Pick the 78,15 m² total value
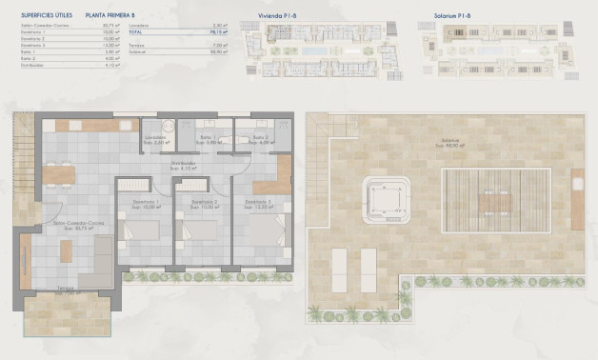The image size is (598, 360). pyautogui.click(x=217, y=32)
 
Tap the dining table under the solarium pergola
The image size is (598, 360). pyautogui.click(x=494, y=203)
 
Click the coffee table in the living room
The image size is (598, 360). pyautogui.click(x=66, y=251)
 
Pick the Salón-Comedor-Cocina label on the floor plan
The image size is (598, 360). pyautogui.click(x=60, y=226)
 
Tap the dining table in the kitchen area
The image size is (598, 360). pyautogui.click(x=58, y=174)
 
